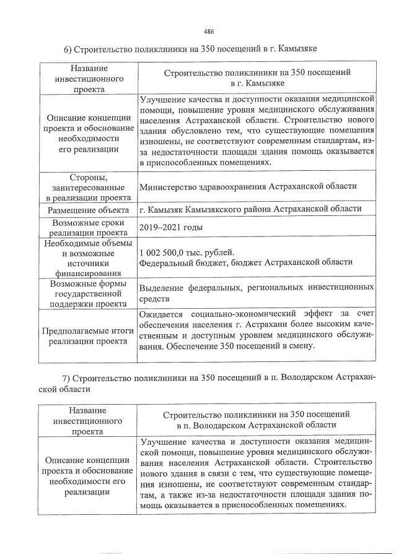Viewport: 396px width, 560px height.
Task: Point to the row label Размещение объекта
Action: pos(89,209)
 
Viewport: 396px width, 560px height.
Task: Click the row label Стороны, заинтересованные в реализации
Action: pos(89,186)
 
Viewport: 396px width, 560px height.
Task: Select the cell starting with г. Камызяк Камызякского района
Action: pos(250,209)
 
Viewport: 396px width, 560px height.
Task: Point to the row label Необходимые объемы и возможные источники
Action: pos(89,257)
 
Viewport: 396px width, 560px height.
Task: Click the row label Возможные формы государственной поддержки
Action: pos(89,293)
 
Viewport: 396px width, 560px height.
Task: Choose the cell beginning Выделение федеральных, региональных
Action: pos(257,293)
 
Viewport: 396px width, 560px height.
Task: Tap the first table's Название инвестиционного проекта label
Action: pos(89,78)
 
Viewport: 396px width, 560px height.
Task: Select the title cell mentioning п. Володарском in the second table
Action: pos(257,420)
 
